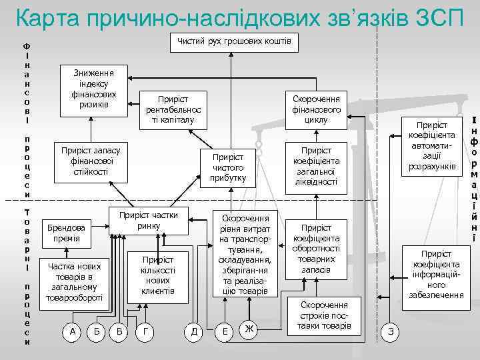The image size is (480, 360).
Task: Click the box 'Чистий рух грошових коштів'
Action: (x=234, y=43)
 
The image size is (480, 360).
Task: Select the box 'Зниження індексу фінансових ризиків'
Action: (x=93, y=89)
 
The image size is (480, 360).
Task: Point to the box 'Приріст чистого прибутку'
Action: (x=228, y=167)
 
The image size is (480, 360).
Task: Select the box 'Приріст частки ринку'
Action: (x=149, y=221)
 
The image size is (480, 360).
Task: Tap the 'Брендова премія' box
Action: (x=66, y=233)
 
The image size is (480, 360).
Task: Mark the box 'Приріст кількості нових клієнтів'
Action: (x=158, y=275)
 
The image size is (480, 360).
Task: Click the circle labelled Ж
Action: (x=249, y=329)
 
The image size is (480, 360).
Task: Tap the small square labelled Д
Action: (x=193, y=330)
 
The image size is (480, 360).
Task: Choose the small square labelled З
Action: (x=390, y=331)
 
